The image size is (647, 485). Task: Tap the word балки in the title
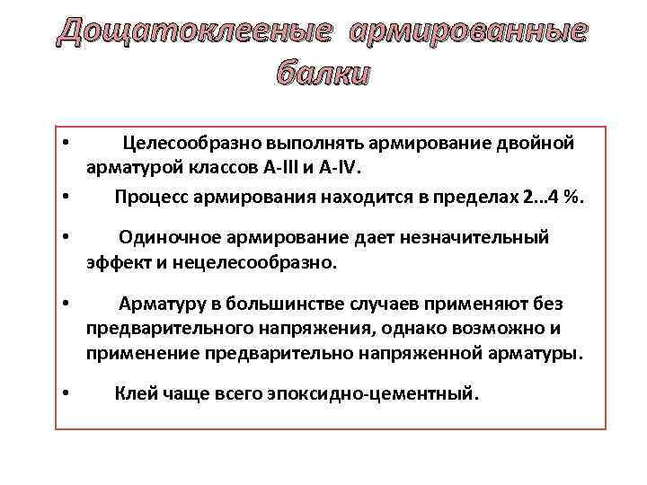pyautogui.click(x=323, y=75)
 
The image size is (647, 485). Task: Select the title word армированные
pyautogui.click(x=467, y=33)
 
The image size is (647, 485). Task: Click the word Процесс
pyautogui.click(x=150, y=198)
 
